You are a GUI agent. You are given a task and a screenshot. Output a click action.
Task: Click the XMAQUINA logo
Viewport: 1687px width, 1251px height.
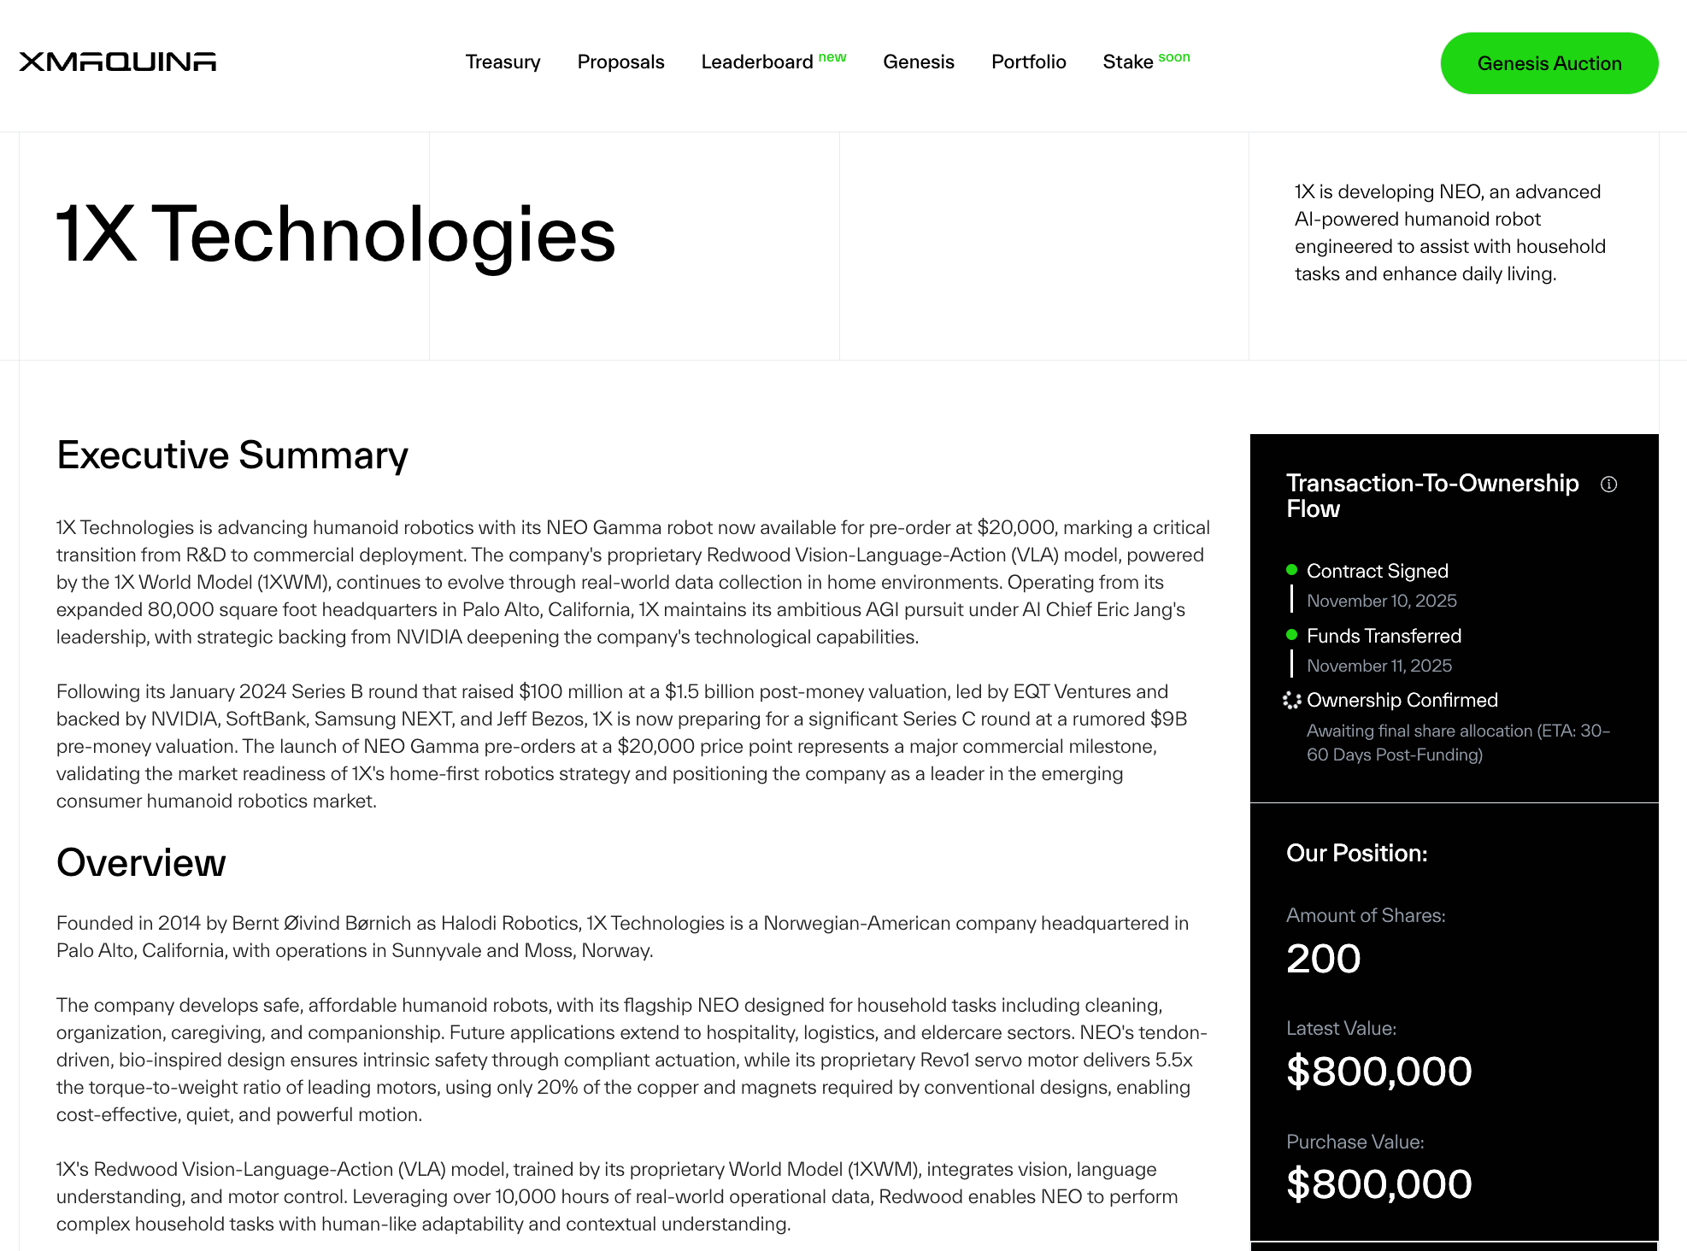pyautogui.click(x=117, y=62)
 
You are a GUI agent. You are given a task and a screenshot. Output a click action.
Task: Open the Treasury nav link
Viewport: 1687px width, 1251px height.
pyautogui.click(x=503, y=62)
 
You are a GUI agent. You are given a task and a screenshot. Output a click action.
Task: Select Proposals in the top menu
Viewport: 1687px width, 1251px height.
pyautogui.click(x=620, y=62)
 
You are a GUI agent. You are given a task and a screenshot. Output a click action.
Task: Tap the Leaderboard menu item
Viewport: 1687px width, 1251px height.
pyautogui.click(x=757, y=62)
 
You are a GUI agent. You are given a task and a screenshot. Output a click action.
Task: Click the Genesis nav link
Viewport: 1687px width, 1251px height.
pyautogui.click(x=919, y=62)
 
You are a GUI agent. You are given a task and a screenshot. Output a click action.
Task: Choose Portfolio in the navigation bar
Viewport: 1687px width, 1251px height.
pyautogui.click(x=1028, y=62)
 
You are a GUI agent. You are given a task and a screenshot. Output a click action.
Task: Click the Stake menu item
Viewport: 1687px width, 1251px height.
pyautogui.click(x=1128, y=62)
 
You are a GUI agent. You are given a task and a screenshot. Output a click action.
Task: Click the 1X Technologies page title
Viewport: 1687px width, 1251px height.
pyautogui.click(x=336, y=234)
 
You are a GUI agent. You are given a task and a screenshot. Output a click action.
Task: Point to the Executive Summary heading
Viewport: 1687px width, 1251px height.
pyautogui.click(x=232, y=455)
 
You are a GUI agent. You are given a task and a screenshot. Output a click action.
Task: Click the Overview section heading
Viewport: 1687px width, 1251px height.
pyautogui.click(x=141, y=863)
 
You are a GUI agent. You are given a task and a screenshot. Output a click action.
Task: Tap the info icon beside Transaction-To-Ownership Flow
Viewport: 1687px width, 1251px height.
pyautogui.click(x=1609, y=485)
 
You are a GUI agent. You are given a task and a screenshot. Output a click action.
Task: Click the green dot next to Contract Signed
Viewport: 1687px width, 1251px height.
pyautogui.click(x=1291, y=570)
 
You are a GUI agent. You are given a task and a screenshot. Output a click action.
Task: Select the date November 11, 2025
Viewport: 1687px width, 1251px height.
pyautogui.click(x=1379, y=666)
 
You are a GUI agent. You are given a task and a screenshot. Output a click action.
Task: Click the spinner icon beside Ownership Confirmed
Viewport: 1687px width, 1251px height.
pyautogui.click(x=1291, y=701)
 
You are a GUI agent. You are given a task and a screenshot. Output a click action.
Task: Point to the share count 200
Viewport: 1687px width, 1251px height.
pyautogui.click(x=1323, y=959)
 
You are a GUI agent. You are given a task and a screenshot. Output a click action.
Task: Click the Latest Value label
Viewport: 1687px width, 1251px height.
pyautogui.click(x=1341, y=1029)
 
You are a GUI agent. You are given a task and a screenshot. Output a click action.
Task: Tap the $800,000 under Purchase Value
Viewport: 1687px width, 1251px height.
pyautogui.click(x=1378, y=1184)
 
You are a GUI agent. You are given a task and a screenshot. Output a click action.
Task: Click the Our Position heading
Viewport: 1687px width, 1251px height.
pyautogui.click(x=1356, y=854)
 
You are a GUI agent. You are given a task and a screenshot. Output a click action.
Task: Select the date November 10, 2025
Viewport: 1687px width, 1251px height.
pyautogui.click(x=1381, y=601)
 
